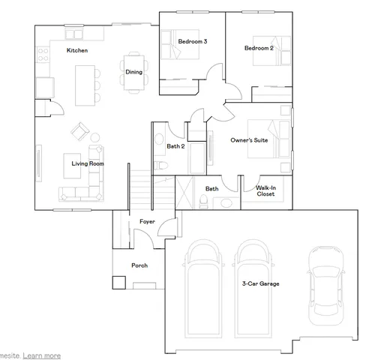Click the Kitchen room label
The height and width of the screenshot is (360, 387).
(x=77, y=50)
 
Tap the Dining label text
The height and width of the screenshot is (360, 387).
(x=133, y=72)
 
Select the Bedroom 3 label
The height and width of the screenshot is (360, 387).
(x=193, y=42)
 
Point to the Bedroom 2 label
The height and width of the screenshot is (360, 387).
(x=258, y=48)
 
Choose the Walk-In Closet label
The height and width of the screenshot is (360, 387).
(x=265, y=191)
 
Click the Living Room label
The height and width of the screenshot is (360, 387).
(x=87, y=163)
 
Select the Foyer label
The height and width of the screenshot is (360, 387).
(x=148, y=221)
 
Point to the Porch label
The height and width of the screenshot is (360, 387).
(x=139, y=265)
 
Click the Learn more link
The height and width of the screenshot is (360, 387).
(x=42, y=355)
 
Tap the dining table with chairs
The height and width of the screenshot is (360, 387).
(x=133, y=72)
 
